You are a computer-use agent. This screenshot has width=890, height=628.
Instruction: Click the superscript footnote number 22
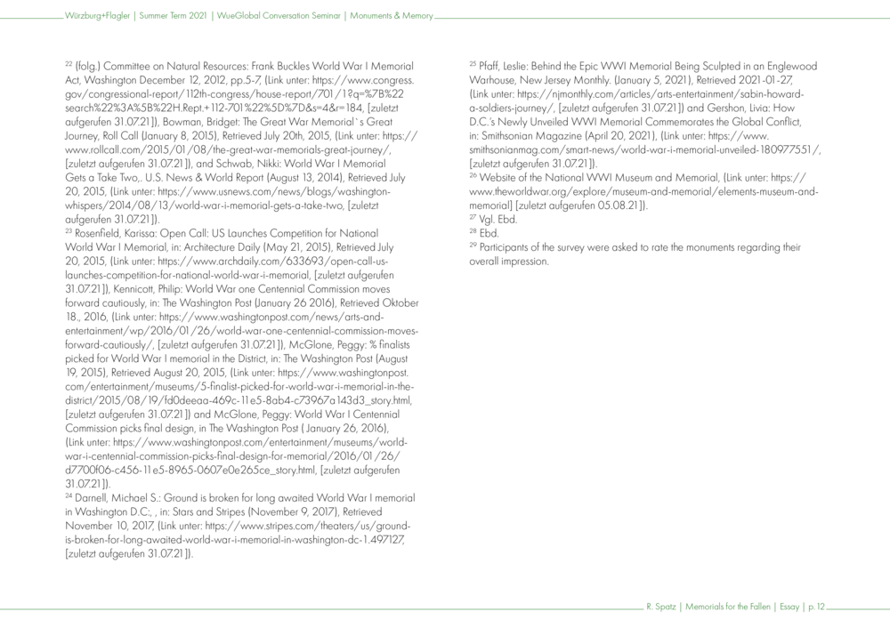(69, 64)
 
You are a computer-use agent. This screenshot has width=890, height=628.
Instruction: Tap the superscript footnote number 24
(69, 495)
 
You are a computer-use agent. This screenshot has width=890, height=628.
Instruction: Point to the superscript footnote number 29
(473, 246)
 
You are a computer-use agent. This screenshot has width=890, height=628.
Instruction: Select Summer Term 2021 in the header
(174, 16)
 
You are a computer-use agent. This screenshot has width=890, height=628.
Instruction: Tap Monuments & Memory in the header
(392, 16)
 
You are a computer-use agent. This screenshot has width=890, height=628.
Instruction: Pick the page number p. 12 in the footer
(815, 608)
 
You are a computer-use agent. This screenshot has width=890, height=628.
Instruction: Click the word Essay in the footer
(788, 608)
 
